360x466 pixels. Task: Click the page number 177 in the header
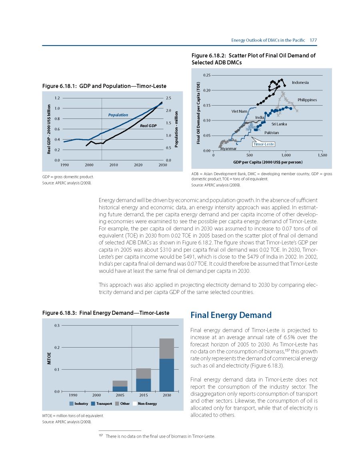tap(313, 40)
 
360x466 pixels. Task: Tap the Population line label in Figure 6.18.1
tap(118, 115)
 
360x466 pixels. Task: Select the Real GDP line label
tap(148, 126)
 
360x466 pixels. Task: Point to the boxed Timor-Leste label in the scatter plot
tap(263, 144)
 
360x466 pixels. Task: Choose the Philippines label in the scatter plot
tap(307, 100)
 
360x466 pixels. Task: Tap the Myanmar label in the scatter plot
tap(228, 149)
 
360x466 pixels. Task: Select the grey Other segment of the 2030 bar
tap(166, 348)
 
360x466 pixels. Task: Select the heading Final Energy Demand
tap(231, 315)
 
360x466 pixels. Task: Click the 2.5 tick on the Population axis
tap(168, 98)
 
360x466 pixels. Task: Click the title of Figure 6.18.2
tap(254, 59)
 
